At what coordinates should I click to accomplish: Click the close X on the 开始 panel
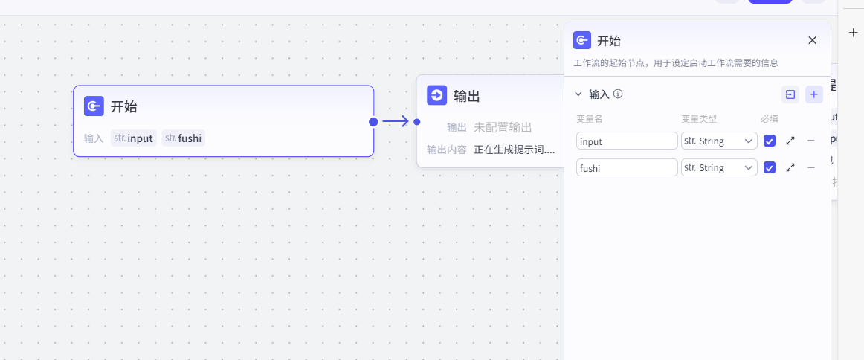812,40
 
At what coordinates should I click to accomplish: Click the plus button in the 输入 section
814,94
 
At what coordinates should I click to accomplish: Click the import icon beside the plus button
790,94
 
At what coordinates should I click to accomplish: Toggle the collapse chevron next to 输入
578,94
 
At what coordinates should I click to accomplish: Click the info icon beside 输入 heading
617,94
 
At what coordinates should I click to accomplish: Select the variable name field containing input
627,141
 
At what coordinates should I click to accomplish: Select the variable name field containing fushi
627,168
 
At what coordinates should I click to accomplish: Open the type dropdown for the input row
719,141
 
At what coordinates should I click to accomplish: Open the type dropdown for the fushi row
719,168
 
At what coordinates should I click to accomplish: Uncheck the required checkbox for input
770,141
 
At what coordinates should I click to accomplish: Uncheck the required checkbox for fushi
770,168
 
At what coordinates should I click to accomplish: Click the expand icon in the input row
790,141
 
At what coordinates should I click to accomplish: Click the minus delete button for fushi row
810,168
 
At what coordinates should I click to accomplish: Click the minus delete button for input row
810,141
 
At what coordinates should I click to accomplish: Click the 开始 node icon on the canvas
94,106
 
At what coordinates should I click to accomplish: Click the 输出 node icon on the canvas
436,95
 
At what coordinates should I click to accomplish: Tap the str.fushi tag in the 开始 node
184,138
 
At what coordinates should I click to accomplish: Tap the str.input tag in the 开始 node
133,138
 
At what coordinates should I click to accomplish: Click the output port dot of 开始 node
373,121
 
